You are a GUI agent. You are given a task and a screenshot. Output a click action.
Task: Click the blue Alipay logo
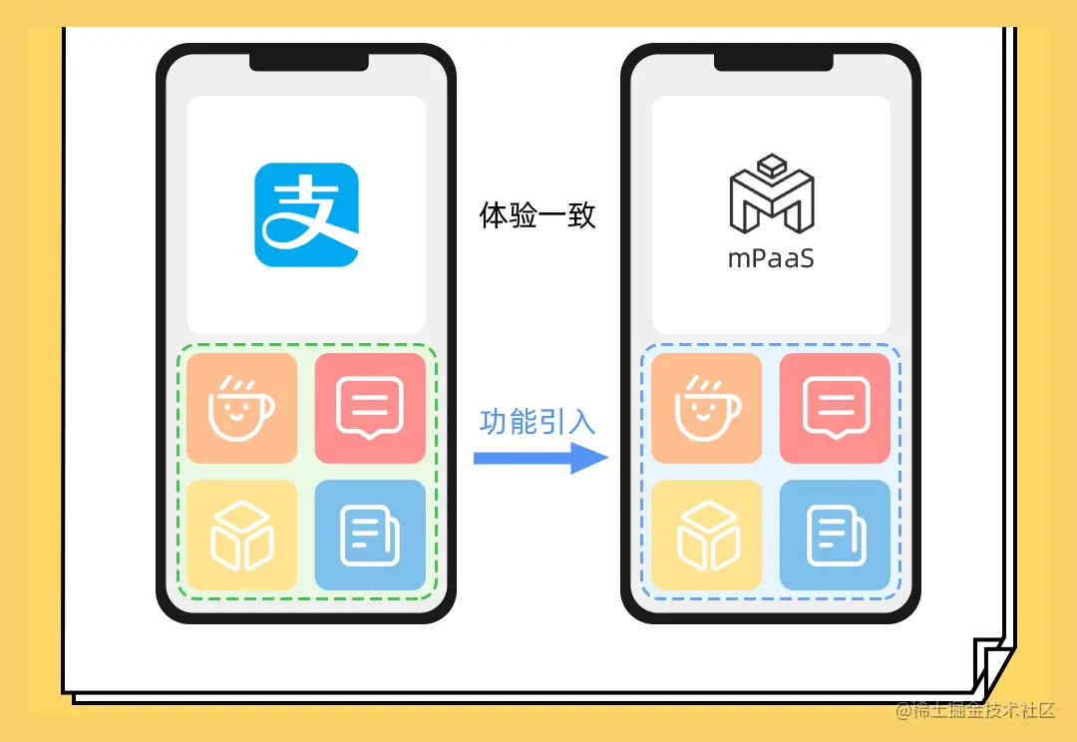pyautogui.click(x=306, y=214)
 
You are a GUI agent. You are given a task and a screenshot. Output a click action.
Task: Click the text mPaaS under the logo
pyautogui.click(x=771, y=258)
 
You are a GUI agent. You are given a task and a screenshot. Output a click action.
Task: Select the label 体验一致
pyautogui.click(x=538, y=215)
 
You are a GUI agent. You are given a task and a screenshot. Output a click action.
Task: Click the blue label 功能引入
pyautogui.click(x=538, y=422)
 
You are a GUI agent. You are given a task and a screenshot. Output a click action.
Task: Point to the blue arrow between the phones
pyautogui.click(x=539, y=459)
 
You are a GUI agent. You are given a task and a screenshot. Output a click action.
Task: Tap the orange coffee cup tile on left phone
pyautogui.click(x=241, y=408)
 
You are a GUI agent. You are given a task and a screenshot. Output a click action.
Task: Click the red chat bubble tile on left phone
pyautogui.click(x=370, y=408)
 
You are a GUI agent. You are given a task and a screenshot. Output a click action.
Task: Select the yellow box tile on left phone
pyautogui.click(x=241, y=535)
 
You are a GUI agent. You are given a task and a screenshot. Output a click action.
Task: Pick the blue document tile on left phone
pyautogui.click(x=370, y=535)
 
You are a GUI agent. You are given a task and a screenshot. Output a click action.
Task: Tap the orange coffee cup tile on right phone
pyautogui.click(x=706, y=408)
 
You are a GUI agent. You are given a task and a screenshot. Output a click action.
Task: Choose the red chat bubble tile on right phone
pyautogui.click(x=835, y=408)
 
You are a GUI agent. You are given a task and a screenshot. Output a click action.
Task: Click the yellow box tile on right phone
pyautogui.click(x=706, y=535)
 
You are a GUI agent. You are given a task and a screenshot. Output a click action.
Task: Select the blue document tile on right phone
pyautogui.click(x=835, y=535)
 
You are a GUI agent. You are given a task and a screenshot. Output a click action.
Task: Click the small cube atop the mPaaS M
pyautogui.click(x=771, y=166)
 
